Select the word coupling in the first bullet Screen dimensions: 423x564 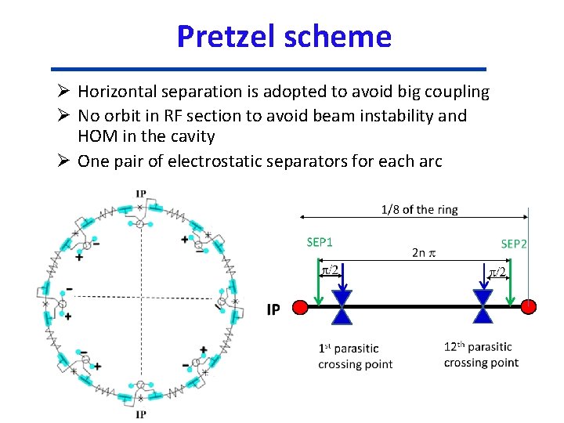coord(457,92)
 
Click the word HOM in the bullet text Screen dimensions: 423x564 coord(96,137)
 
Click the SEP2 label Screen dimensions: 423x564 coord(514,244)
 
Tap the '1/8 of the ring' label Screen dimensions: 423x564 coord(419,209)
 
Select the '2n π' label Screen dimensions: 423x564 coord(425,253)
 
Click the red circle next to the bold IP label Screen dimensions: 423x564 coord(298,308)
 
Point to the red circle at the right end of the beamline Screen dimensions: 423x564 coord(529,306)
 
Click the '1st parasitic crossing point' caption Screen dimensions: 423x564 coord(355,356)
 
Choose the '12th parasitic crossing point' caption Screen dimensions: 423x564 coord(480,354)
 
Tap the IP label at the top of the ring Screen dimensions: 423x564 coord(140,193)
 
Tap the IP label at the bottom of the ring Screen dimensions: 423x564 coord(140,414)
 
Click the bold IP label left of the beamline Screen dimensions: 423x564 coord(273,310)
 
